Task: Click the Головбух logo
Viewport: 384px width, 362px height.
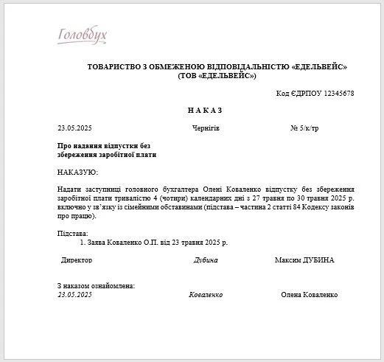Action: point(82,35)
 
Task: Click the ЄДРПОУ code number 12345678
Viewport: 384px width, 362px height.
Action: point(334,94)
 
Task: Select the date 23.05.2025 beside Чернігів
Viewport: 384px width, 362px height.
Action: point(74,128)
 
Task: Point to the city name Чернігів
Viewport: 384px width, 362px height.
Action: point(206,128)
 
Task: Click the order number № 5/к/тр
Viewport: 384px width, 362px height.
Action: point(304,128)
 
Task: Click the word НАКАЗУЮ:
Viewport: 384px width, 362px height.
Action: point(77,172)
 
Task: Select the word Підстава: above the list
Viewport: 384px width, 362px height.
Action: point(72,233)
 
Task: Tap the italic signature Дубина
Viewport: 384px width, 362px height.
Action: point(206,260)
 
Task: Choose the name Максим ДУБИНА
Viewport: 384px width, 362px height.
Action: point(304,260)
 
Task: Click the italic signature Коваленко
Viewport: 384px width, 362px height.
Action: point(206,294)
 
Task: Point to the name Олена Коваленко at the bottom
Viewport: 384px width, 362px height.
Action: point(309,294)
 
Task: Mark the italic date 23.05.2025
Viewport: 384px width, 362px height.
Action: point(74,294)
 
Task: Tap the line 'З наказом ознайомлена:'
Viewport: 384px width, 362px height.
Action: point(96,285)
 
